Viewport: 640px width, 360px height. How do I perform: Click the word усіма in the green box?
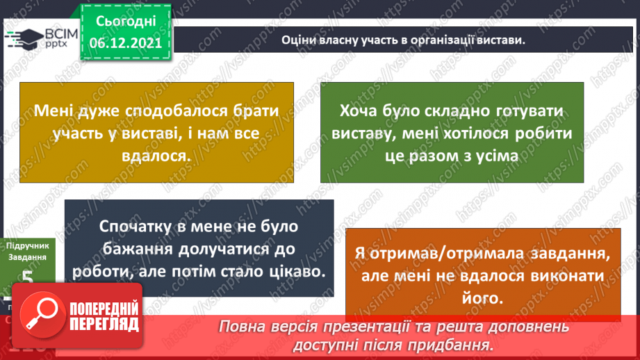[x=496, y=155]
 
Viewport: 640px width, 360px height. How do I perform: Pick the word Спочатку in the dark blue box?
[x=136, y=227]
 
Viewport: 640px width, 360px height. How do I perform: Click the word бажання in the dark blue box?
[x=137, y=248]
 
